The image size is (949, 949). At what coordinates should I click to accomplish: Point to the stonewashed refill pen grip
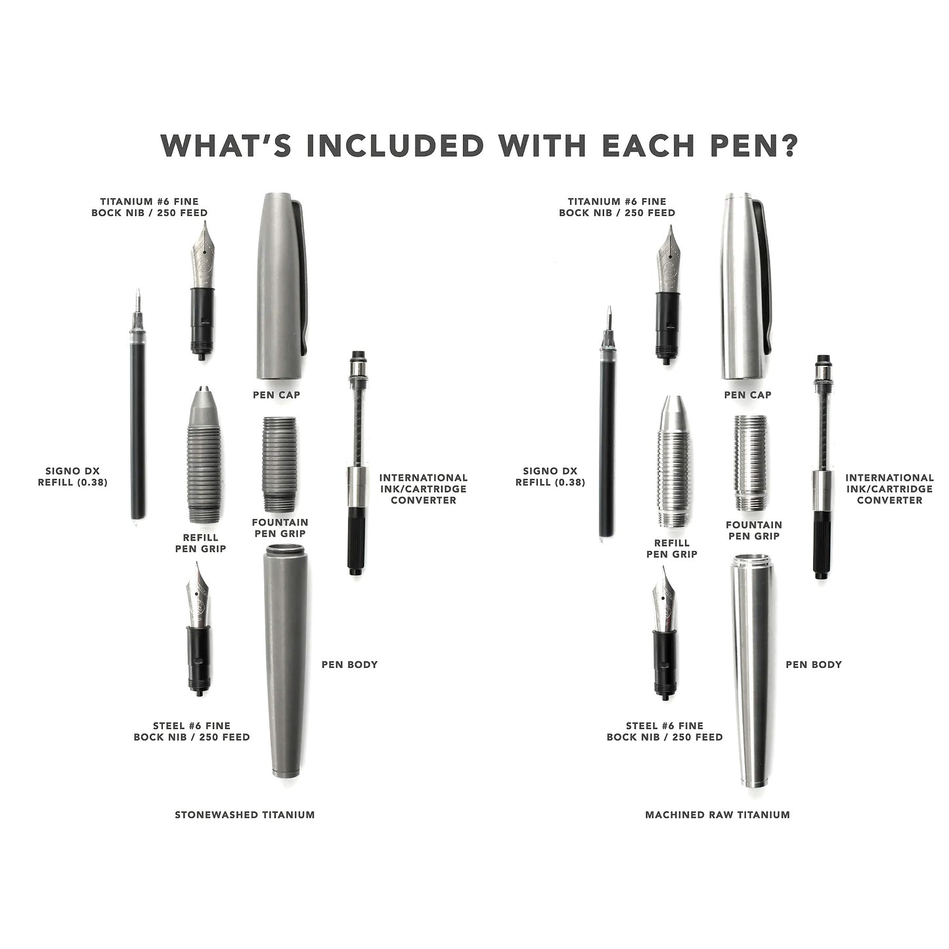click(201, 454)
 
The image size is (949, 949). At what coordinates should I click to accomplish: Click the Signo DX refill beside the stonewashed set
click(138, 405)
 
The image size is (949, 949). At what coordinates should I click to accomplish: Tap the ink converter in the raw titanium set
click(820, 466)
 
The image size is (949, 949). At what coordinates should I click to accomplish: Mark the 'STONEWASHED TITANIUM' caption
click(245, 815)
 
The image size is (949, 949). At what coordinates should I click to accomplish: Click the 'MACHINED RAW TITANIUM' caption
click(718, 815)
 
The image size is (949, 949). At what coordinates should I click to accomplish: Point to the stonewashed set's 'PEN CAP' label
click(276, 395)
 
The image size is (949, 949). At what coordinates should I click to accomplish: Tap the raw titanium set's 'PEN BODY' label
click(814, 665)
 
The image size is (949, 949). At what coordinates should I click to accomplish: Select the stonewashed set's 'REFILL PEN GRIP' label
click(200, 542)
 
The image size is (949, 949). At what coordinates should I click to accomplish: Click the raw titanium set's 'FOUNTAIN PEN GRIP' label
click(754, 531)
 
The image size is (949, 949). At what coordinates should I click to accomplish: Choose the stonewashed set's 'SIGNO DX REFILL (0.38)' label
click(73, 477)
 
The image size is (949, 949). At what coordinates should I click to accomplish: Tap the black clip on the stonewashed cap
click(301, 276)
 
